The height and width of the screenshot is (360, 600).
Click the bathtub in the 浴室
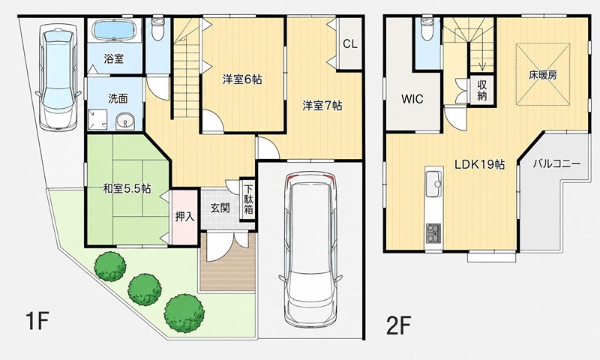115,30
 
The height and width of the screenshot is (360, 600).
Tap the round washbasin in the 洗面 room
124,121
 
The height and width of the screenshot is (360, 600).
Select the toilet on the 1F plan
157,29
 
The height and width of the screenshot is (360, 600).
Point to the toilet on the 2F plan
427,29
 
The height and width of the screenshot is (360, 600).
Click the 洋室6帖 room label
242,79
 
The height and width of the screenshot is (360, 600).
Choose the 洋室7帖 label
322,105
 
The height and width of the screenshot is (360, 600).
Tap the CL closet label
349,44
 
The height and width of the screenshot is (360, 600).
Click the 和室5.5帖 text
126,188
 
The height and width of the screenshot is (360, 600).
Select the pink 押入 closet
185,217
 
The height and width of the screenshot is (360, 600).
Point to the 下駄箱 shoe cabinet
249,200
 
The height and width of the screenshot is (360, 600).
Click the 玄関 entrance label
220,208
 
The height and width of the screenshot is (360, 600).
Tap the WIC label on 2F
412,99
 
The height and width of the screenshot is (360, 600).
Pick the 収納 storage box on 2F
481,90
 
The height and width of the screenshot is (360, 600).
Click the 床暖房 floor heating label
543,75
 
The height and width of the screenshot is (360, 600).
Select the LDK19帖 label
479,164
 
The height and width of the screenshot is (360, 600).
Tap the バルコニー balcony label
556,163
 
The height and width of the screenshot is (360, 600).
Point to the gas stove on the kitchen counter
433,233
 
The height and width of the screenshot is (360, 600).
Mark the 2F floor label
399,326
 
